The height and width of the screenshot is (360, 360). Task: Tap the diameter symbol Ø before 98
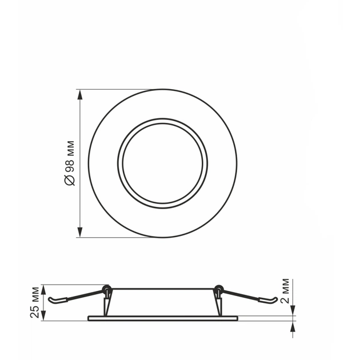pyautogui.click(x=70, y=180)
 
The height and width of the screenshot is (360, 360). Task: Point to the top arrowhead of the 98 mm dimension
pyautogui.click(x=80, y=94)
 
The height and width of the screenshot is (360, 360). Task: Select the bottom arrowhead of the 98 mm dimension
pyautogui.click(x=80, y=232)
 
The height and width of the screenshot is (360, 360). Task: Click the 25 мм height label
pyautogui.click(x=35, y=302)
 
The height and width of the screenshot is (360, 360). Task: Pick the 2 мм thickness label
pyautogui.click(x=286, y=291)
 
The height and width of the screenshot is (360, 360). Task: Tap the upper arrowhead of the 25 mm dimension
pyautogui.click(x=43, y=289)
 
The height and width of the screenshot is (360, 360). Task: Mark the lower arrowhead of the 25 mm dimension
pyautogui.click(x=43, y=316)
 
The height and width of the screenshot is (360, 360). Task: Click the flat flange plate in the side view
pyautogui.click(x=162, y=318)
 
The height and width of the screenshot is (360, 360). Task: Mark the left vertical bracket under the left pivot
pyautogui.click(x=106, y=303)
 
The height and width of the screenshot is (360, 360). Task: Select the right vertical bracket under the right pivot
pyautogui.click(x=218, y=303)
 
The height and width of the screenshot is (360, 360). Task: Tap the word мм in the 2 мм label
pyautogui.click(x=286, y=285)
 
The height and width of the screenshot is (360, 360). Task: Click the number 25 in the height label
pyautogui.click(x=35, y=310)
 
